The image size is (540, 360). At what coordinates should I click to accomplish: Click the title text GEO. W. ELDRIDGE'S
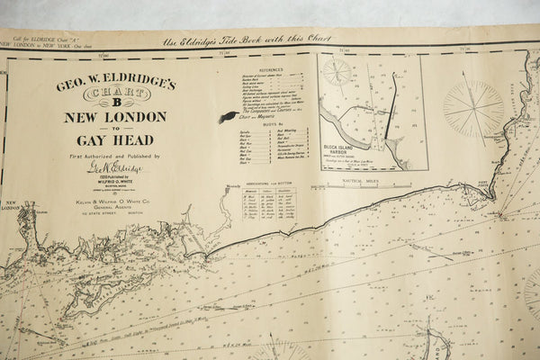115,85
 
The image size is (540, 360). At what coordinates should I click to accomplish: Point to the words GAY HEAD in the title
114,139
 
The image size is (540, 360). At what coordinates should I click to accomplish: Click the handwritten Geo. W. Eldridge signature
113,167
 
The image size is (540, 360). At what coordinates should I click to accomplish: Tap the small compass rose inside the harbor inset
338,72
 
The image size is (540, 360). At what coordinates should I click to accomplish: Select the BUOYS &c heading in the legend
271,125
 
